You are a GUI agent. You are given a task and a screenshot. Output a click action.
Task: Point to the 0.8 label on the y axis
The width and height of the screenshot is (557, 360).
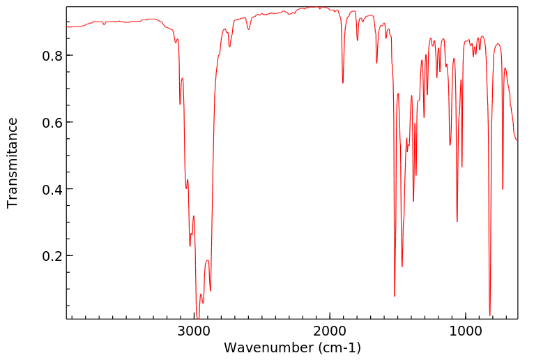point(53,56)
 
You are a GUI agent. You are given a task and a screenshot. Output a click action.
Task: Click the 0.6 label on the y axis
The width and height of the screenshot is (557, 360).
point(53,123)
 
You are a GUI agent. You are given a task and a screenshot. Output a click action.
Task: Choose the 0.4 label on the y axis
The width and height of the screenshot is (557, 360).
point(53,190)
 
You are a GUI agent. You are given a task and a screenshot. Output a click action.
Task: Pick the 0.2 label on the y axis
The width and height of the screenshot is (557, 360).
point(53,256)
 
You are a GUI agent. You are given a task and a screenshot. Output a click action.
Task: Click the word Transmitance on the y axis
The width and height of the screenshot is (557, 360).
point(13,163)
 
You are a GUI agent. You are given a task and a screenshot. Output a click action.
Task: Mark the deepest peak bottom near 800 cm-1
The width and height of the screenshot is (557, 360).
point(490,315)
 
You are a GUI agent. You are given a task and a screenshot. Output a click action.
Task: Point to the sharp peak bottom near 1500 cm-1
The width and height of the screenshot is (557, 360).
point(395,297)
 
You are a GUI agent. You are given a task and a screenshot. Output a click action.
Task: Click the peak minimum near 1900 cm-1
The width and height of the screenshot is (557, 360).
point(343,83)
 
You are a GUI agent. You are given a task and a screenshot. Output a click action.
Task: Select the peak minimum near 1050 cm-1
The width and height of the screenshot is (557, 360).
point(457,222)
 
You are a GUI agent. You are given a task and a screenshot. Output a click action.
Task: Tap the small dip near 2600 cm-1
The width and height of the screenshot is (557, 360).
point(248,29)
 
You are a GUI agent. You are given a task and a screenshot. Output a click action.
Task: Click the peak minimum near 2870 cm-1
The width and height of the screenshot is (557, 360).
point(211,290)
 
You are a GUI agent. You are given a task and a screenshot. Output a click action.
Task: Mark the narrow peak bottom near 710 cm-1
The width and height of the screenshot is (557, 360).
point(503,189)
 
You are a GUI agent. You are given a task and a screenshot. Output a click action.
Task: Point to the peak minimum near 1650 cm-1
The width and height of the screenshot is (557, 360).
point(376,63)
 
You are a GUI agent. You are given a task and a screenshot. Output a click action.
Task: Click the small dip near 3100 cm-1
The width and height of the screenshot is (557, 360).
point(180,104)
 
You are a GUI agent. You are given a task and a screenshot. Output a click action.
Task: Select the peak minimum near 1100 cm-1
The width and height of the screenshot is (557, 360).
point(450,145)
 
